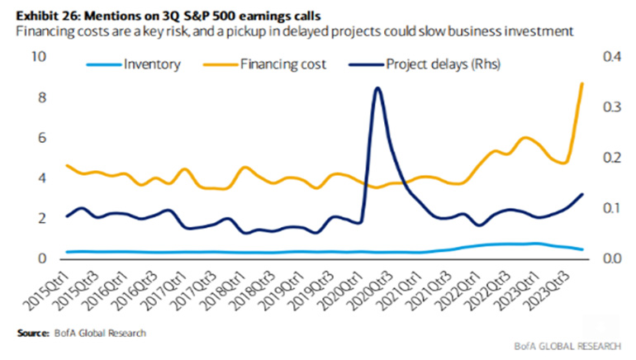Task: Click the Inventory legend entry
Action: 149,63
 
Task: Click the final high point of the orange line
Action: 582,83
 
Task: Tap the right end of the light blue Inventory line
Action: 583,249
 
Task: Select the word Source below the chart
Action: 31,333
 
